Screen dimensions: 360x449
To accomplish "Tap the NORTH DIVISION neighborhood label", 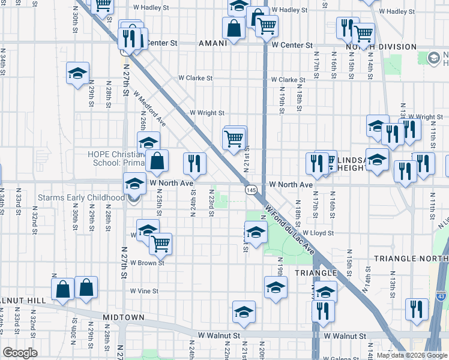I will point(381,47).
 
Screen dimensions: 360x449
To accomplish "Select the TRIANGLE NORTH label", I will point(411,259).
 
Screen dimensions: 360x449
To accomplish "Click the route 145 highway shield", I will point(251,189).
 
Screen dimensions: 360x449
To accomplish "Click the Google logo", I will point(20,353).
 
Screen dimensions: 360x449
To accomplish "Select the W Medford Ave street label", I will point(150,107).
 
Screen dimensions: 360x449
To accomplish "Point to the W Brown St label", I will point(148,263).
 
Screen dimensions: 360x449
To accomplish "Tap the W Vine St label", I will point(144,291).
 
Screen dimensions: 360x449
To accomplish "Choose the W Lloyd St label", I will point(318,233).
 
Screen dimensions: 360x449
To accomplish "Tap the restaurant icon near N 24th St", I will point(194,163).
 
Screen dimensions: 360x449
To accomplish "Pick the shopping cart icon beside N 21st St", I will point(234,138).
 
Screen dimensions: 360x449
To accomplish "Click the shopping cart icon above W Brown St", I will point(160,244).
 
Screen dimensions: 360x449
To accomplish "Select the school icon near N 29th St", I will point(78,73).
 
